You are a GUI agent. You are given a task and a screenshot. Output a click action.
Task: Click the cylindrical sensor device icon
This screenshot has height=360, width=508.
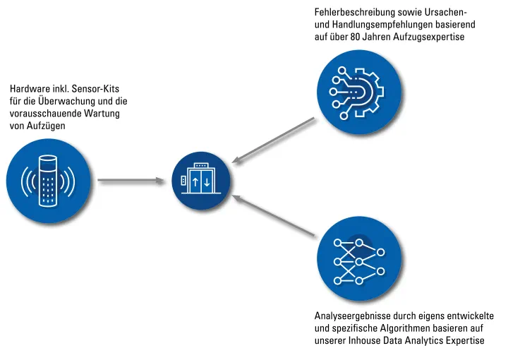coord(48,181)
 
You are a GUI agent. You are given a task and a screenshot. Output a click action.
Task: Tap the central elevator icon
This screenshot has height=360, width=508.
coord(201,181)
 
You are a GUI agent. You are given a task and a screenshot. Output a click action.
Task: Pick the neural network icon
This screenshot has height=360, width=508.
coord(359,262)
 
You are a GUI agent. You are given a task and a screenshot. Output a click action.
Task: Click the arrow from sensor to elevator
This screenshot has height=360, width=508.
coord(131,181)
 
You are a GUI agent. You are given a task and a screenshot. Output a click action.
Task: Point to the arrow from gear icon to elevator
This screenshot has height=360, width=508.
coord(273,140)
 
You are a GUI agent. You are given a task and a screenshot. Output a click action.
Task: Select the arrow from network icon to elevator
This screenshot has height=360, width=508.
coord(273,215)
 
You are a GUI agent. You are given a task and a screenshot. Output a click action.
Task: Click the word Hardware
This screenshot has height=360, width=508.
coord(29,89)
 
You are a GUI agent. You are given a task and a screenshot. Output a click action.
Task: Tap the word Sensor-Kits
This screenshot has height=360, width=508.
coord(95,89)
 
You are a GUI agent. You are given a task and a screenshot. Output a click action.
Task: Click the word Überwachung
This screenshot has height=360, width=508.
coord(66,101)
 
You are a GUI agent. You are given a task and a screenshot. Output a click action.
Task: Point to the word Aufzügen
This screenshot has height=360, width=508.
coord(46,126)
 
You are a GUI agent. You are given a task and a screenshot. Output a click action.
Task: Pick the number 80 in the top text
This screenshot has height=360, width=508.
coord(354,37)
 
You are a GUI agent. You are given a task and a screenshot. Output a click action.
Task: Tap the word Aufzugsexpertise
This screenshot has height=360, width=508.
coord(429,37)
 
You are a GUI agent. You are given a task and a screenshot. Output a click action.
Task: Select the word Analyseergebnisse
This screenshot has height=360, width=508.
coord(352,316)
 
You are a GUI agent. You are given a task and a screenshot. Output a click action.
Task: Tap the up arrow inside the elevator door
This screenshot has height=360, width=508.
coord(195,182)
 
